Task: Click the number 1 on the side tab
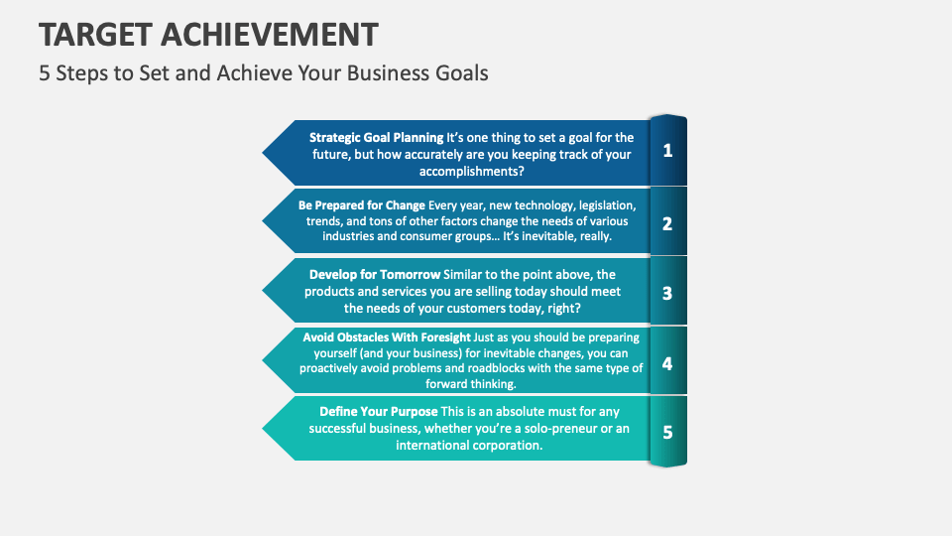[667, 151]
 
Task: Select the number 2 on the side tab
[667, 223]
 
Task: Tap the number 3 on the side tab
[667, 293]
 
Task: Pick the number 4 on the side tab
[667, 363]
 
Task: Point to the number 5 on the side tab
[667, 432]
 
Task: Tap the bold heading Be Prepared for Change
[362, 205]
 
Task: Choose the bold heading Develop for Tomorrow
[375, 274]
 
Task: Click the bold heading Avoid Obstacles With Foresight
[387, 337]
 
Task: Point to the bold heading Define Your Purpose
[378, 411]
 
